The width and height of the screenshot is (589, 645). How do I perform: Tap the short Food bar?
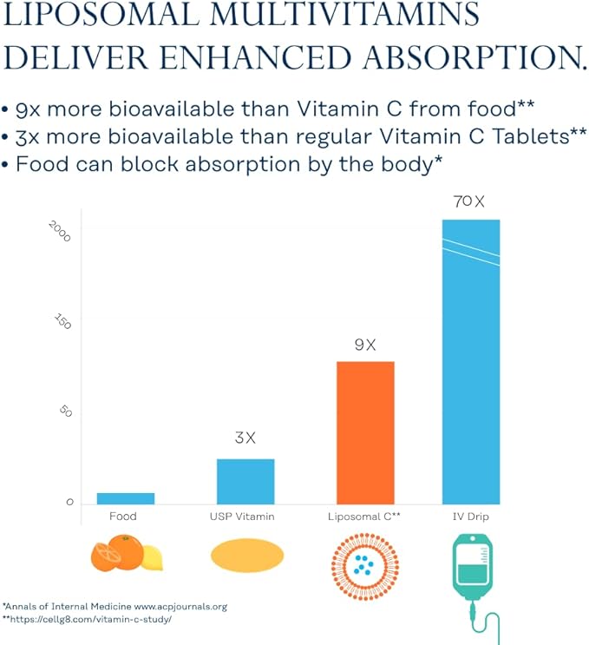[126, 498]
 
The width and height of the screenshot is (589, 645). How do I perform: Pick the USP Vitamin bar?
[245, 481]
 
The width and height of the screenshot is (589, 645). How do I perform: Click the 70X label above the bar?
[469, 201]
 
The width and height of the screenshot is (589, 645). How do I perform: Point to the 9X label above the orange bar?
[365, 345]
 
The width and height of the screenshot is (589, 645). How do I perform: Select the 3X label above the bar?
[245, 438]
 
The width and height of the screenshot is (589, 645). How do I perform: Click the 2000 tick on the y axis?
[60, 232]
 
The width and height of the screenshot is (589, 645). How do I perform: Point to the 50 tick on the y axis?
[65, 411]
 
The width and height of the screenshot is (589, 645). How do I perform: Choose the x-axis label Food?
[123, 517]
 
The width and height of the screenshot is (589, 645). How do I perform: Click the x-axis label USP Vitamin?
[242, 517]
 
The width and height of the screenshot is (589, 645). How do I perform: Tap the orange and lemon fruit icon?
[127, 554]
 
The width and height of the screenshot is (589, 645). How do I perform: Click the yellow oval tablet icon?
[247, 556]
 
